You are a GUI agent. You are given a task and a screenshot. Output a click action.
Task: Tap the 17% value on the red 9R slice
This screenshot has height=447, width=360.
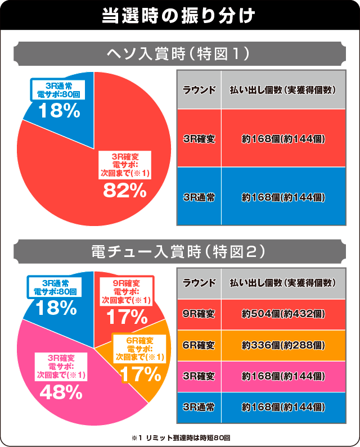tap(126, 318)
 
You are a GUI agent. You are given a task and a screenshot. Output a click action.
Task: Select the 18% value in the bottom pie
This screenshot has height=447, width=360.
tap(56, 308)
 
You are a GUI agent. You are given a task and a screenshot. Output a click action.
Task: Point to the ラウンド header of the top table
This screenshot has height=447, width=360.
tap(199, 90)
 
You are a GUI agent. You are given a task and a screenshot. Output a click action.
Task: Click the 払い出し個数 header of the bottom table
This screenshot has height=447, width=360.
tap(283, 282)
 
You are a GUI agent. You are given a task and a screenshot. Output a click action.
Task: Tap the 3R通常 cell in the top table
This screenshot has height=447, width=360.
tap(199, 197)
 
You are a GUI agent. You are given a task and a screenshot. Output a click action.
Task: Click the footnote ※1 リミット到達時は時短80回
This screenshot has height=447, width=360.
tap(180, 437)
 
